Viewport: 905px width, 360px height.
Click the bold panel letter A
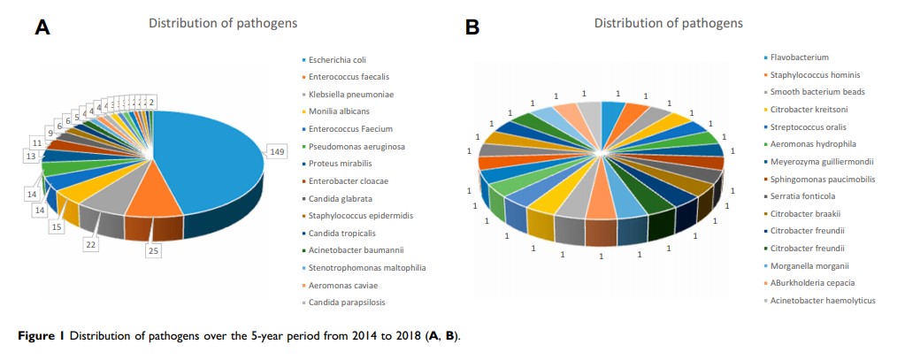coord(42,28)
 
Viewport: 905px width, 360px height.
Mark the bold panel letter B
coord(473,28)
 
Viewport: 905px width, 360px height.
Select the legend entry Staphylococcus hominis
coord(814,75)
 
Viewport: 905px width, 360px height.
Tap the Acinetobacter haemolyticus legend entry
coord(822,300)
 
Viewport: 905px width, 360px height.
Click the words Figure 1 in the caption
coord(42,336)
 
